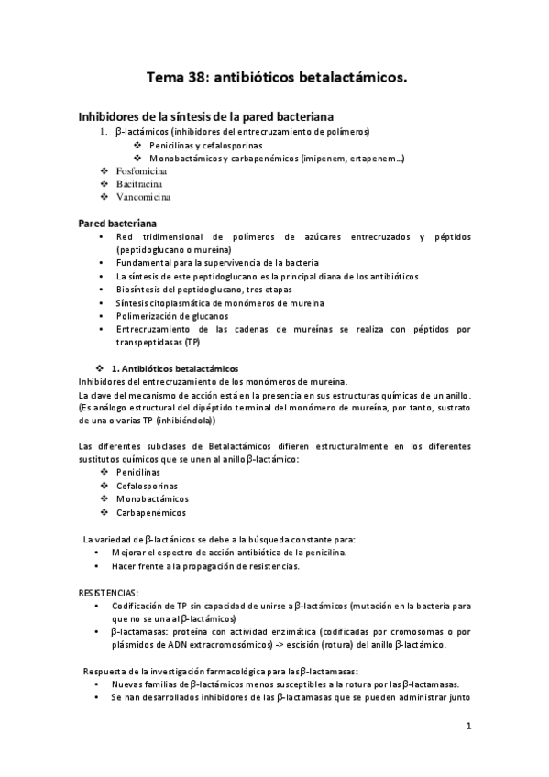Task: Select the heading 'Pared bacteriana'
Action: [x=116, y=223]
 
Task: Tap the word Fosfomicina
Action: [x=141, y=171]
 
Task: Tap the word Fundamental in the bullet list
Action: [x=141, y=262]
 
